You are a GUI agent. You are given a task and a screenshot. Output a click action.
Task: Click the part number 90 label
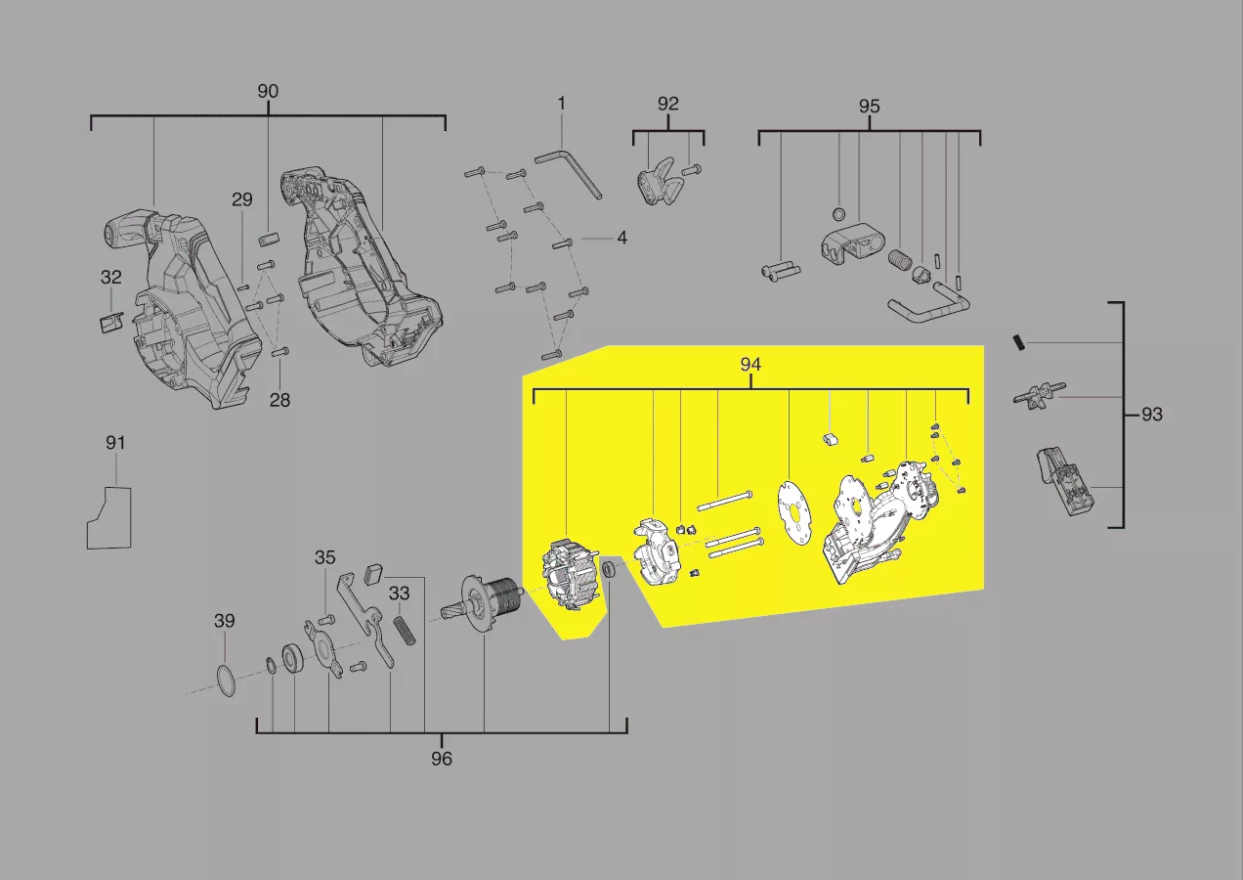point(268,91)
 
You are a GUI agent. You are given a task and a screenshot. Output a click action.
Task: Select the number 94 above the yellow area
point(750,364)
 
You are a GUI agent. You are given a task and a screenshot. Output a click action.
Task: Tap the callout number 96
point(442,759)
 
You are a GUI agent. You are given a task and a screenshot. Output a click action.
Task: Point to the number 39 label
point(224,621)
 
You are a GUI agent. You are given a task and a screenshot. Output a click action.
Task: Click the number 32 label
point(111,277)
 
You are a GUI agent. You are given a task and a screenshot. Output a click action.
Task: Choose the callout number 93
point(1151,415)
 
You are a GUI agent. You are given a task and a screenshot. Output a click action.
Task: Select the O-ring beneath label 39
point(225,681)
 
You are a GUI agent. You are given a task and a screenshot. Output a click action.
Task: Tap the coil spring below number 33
point(406,631)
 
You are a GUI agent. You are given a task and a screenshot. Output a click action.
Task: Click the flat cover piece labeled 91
point(109,518)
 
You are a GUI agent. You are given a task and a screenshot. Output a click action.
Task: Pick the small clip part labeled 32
point(111,322)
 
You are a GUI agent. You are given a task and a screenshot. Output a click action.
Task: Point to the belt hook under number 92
point(656,182)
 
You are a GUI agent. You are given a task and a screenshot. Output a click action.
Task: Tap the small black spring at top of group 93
point(1019,342)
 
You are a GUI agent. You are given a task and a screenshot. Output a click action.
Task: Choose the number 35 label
point(325,557)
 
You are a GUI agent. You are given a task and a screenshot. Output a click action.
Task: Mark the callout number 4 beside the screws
point(622,239)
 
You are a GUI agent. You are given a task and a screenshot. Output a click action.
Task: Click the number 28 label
point(279,400)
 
